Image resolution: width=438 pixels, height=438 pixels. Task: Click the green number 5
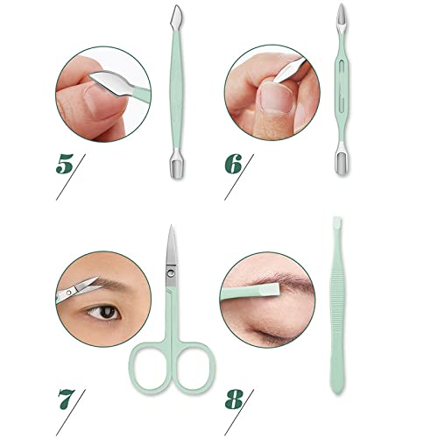click(65, 164)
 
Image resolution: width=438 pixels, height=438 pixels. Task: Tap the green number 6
click(233, 164)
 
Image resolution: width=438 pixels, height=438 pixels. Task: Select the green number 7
click(67, 399)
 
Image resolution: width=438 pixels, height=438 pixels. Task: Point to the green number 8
click(234, 399)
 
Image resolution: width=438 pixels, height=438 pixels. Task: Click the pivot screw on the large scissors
click(171, 273)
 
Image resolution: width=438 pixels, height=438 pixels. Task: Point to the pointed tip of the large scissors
click(172, 226)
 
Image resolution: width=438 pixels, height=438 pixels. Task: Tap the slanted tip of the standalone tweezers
click(337, 223)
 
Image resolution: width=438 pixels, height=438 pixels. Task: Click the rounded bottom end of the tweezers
click(337, 392)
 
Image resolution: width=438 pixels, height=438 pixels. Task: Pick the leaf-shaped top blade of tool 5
click(176, 15)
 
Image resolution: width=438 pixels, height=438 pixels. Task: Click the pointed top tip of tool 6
click(341, 4)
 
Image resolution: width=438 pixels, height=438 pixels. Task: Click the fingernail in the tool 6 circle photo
click(276, 96)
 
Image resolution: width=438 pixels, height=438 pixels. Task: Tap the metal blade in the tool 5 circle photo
click(111, 82)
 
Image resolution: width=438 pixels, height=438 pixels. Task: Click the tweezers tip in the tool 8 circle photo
click(270, 291)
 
